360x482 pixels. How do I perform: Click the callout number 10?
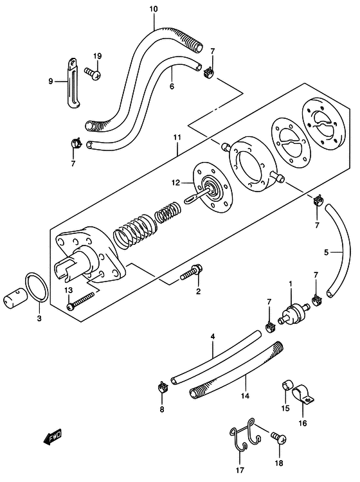click(x=154, y=9)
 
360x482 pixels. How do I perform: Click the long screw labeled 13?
click(x=81, y=300)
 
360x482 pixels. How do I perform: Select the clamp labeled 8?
click(x=163, y=387)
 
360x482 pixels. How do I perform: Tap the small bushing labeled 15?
click(x=287, y=386)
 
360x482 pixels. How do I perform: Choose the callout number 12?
click(x=175, y=183)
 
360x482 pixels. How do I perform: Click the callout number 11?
click(x=177, y=138)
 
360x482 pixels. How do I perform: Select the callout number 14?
click(x=245, y=396)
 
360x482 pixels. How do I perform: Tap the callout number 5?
click(x=326, y=253)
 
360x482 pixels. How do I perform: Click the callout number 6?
click(x=172, y=86)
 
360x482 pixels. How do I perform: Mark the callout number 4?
click(x=212, y=337)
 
